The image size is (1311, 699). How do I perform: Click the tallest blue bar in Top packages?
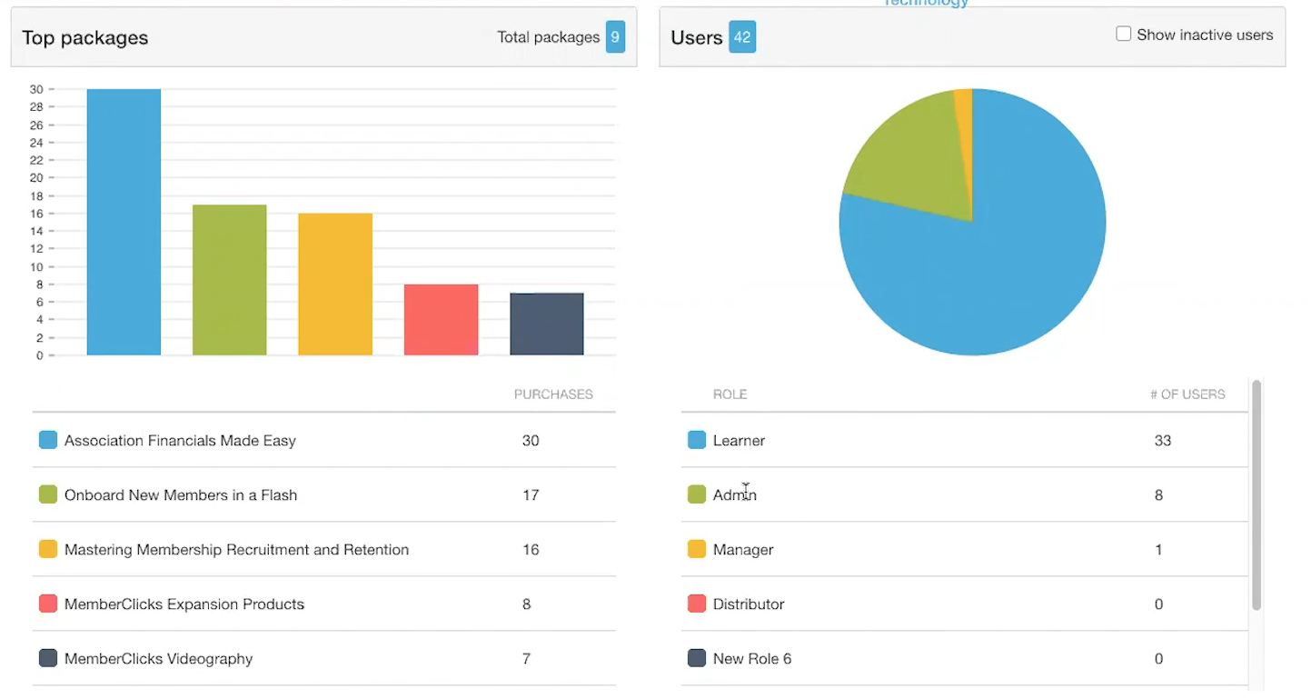click(x=124, y=222)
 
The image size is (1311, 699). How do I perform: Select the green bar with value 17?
click(x=229, y=280)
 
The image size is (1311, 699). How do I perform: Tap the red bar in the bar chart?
click(x=441, y=320)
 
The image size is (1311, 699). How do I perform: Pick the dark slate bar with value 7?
click(x=546, y=325)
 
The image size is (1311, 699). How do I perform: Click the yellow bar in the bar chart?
click(x=335, y=285)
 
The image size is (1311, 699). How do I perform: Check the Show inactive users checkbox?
click(x=1124, y=35)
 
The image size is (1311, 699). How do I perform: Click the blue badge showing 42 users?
click(x=742, y=37)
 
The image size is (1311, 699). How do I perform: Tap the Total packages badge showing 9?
click(x=615, y=37)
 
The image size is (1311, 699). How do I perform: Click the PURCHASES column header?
click(x=553, y=394)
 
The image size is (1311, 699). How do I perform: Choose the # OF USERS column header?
click(x=1187, y=394)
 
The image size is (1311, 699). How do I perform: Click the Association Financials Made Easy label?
click(x=180, y=441)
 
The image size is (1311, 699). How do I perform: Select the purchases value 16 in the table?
click(x=531, y=550)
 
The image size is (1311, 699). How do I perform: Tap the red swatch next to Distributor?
click(x=697, y=604)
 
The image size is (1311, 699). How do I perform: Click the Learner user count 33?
click(x=1162, y=441)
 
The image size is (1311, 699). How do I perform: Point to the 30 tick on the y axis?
click(x=36, y=89)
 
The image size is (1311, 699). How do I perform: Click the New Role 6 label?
click(x=751, y=659)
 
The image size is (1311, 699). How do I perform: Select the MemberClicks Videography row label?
click(x=158, y=659)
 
